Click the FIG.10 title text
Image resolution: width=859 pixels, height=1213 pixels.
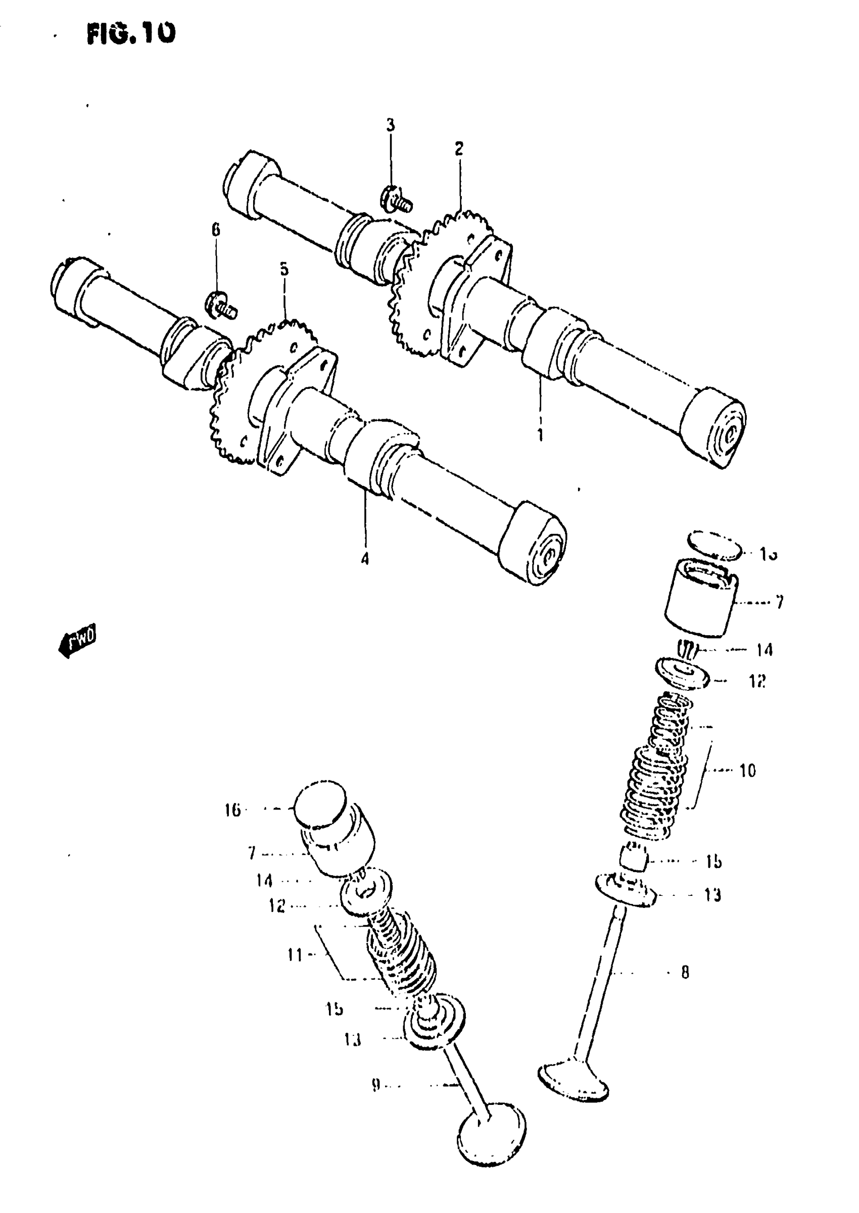point(131,33)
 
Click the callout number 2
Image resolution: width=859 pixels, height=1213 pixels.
point(459,148)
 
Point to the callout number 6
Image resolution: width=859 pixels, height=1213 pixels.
point(216,230)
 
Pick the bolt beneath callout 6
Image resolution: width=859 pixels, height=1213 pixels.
point(220,306)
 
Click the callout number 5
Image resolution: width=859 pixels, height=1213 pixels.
point(284,269)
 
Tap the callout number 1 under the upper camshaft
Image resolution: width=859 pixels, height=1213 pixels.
point(540,435)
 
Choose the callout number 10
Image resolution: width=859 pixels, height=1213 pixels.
point(747,771)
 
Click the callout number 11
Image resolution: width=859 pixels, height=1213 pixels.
point(295,955)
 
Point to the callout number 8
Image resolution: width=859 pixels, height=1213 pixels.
point(685,972)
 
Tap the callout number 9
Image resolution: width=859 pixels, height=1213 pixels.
point(375,1085)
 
